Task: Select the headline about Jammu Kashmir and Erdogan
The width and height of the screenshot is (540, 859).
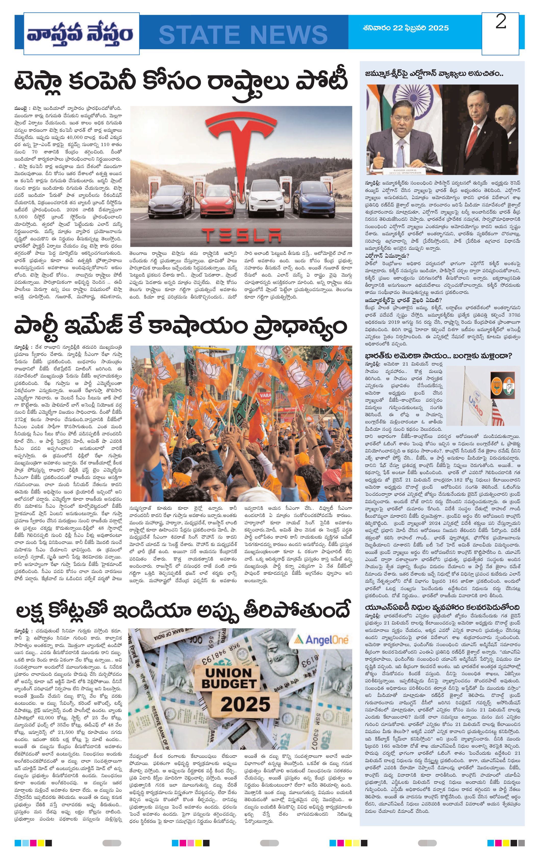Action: pos(434,74)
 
